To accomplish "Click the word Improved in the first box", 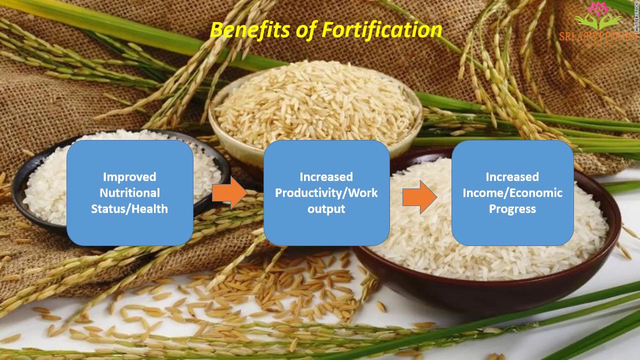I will tap(129, 177).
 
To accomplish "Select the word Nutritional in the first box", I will tap(129, 193).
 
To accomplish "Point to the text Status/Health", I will tap(129, 209).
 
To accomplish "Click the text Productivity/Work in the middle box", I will tap(326, 193).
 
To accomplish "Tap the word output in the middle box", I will tap(326, 209).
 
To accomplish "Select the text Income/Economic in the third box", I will tap(512, 193).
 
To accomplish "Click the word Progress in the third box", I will tap(512, 209).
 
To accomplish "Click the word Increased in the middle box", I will tap(326, 177).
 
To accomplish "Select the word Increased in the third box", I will tap(512, 177).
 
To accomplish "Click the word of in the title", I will tap(305, 30).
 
